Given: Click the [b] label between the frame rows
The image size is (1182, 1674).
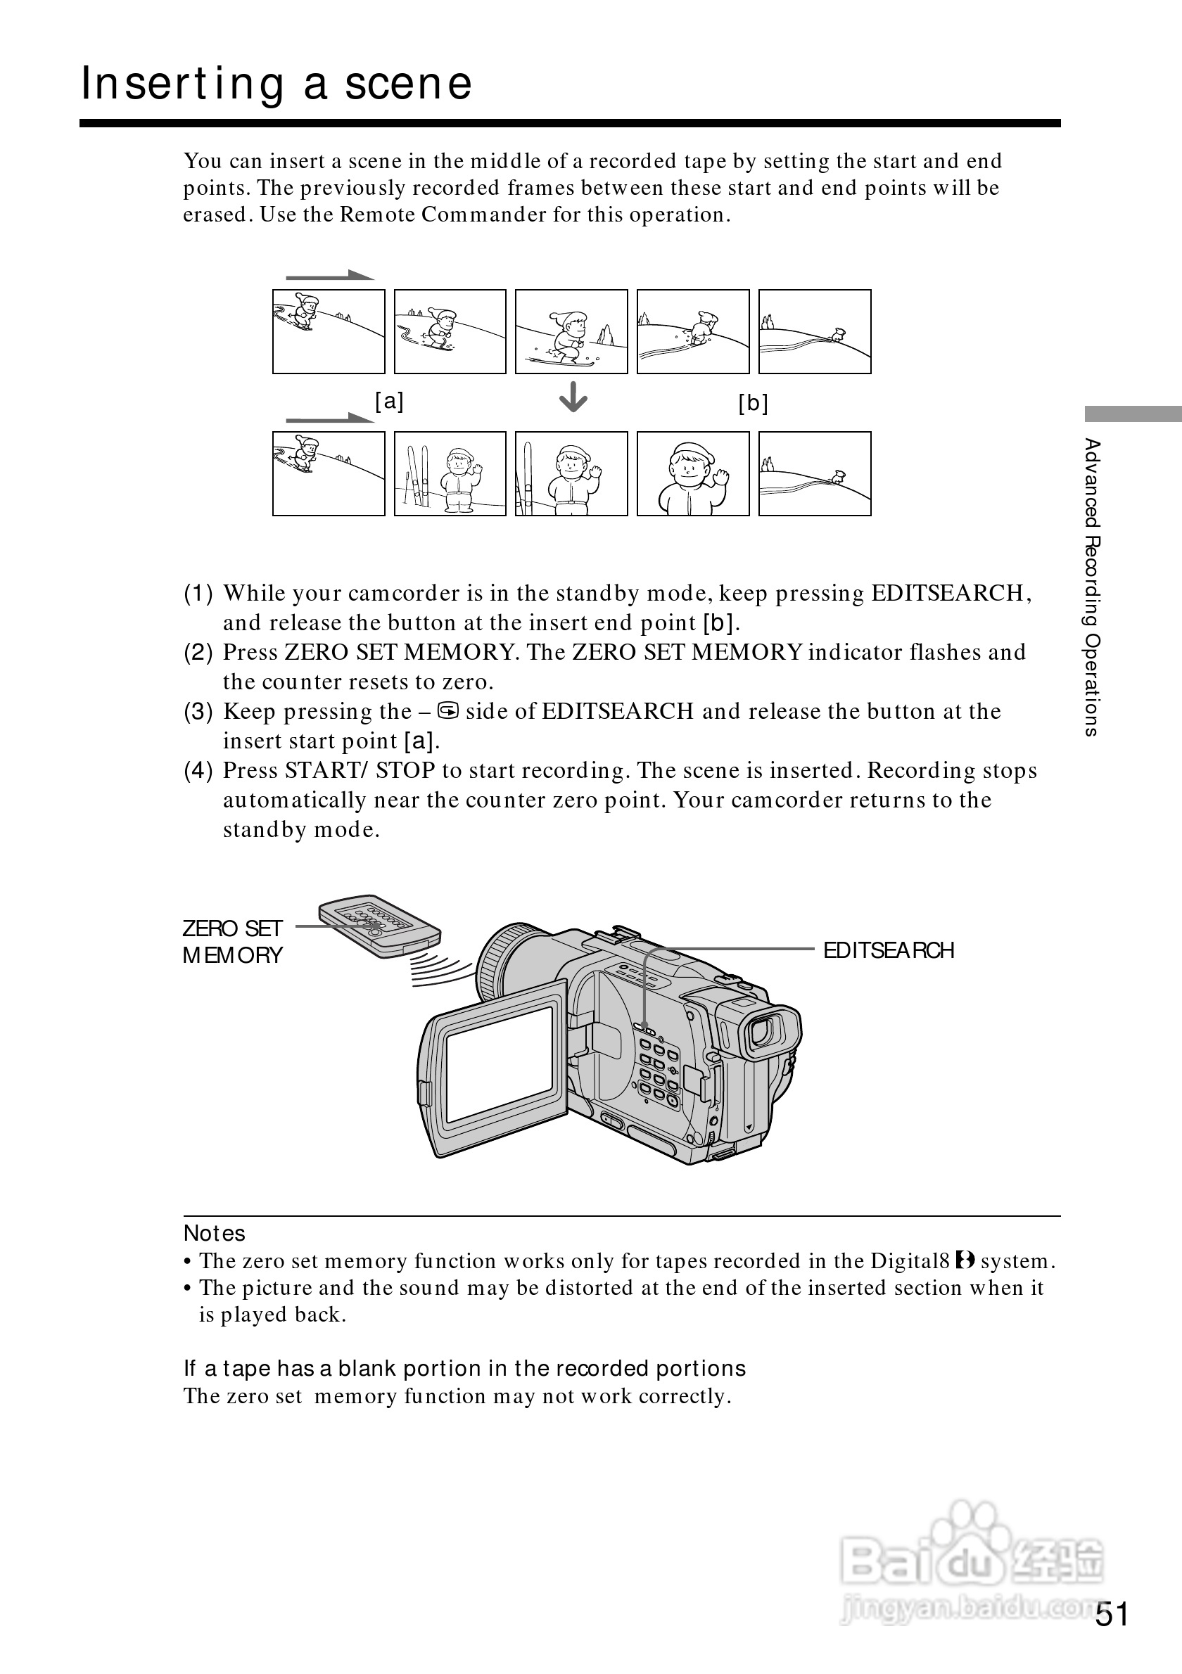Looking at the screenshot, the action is [x=753, y=402].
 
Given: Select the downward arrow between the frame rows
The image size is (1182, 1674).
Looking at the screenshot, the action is [x=573, y=397].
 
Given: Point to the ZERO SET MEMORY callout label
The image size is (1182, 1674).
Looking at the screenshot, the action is [x=232, y=941].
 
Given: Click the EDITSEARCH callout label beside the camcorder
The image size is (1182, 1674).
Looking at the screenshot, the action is [x=888, y=950].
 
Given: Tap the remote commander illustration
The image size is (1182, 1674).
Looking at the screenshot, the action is [x=379, y=924].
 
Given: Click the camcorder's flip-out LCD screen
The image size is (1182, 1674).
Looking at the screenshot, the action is [x=500, y=1063].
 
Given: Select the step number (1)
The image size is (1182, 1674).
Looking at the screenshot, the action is [x=198, y=593].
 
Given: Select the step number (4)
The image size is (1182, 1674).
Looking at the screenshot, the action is [x=198, y=770].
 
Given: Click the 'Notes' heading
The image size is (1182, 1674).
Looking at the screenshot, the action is [x=215, y=1233].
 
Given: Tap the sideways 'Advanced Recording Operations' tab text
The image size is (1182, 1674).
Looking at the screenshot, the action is [x=1091, y=587].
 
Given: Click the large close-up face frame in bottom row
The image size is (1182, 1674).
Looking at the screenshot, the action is [x=693, y=474].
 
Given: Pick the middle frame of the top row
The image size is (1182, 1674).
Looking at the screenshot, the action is [x=571, y=332].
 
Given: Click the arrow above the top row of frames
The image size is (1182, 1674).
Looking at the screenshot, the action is [x=329, y=276].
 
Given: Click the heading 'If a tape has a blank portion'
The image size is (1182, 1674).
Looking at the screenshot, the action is [x=464, y=1369].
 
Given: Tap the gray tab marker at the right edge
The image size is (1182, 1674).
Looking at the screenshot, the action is [x=1133, y=414].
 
